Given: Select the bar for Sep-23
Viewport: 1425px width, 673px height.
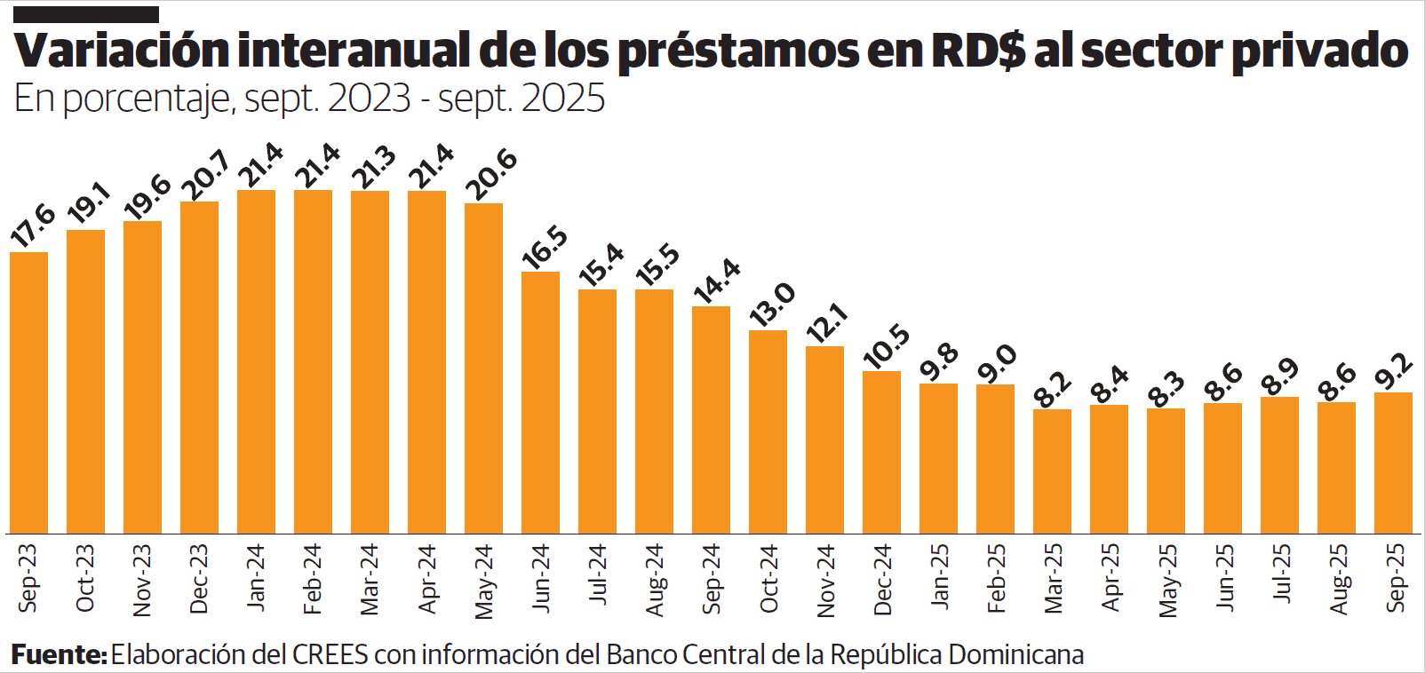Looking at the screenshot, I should [x=29, y=392].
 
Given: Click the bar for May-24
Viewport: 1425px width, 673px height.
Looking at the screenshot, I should [x=483, y=368].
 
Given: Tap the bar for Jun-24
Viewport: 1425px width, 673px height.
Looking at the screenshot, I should [x=540, y=402].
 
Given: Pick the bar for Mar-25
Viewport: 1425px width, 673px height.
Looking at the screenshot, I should [x=1052, y=471].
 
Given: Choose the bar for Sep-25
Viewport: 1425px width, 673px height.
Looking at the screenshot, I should [x=1393, y=463].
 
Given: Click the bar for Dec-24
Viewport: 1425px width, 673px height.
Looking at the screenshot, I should [x=881, y=452].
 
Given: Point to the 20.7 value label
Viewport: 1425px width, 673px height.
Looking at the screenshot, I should [x=205, y=176].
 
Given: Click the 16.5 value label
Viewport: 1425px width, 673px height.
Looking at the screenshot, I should [x=545, y=247].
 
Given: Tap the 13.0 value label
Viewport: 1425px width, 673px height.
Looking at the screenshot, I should [x=772, y=305].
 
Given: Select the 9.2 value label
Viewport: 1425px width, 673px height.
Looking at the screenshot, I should [x=1393, y=371].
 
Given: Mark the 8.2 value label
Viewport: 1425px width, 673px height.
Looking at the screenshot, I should [x=1053, y=388].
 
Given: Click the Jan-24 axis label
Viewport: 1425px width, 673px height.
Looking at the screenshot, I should [x=256, y=577].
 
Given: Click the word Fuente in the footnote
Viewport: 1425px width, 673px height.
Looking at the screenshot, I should [x=59, y=655].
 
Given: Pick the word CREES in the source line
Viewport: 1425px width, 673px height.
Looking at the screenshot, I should [x=330, y=655].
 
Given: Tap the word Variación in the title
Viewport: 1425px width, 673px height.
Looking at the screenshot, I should [x=122, y=51].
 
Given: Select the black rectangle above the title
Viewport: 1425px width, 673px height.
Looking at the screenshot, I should [x=86, y=14].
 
